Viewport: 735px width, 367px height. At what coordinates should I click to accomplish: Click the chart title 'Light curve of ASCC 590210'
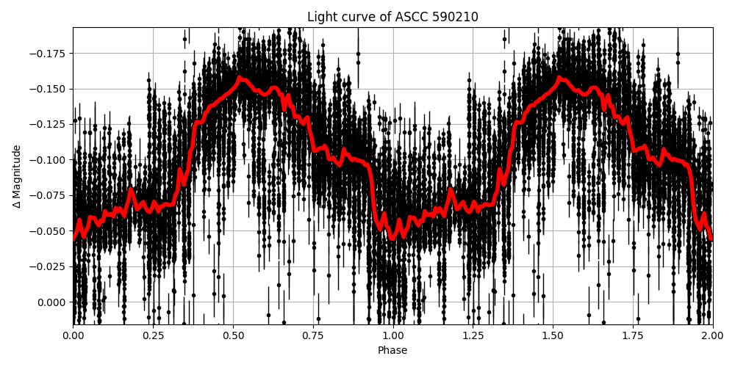pyautogui.click(x=392, y=17)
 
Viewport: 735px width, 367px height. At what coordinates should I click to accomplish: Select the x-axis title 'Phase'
pyautogui.click(x=392, y=351)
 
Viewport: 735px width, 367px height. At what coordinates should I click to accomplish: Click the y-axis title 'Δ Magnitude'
pyautogui.click(x=16, y=176)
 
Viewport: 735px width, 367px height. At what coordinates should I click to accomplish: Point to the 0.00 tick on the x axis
pyautogui.click(x=73, y=335)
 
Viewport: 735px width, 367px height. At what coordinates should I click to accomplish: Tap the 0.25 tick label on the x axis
pyautogui.click(x=153, y=335)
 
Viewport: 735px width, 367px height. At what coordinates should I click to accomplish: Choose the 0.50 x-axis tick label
pyautogui.click(x=233, y=335)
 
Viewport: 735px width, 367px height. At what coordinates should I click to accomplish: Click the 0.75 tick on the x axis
pyautogui.click(x=313, y=335)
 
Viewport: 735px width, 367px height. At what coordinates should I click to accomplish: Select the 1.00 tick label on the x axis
pyautogui.click(x=392, y=335)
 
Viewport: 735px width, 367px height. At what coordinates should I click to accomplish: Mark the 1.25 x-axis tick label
pyautogui.click(x=473, y=335)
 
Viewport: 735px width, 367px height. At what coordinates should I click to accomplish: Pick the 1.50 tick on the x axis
pyautogui.click(x=553, y=335)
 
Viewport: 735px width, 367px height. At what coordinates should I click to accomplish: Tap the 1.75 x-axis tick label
pyautogui.click(x=633, y=335)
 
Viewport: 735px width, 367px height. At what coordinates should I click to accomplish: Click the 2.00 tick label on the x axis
pyautogui.click(x=713, y=335)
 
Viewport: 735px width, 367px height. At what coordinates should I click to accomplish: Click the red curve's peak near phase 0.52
pyautogui.click(x=240, y=78)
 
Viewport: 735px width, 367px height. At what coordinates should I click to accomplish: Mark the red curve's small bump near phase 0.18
pyautogui.click(x=131, y=192)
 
